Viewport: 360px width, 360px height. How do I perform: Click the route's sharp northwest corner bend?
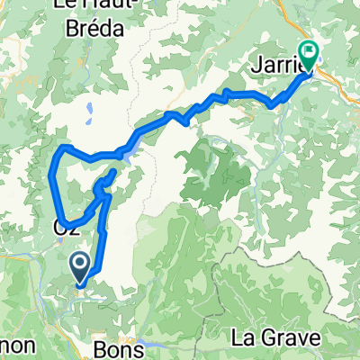[x=61, y=148]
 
